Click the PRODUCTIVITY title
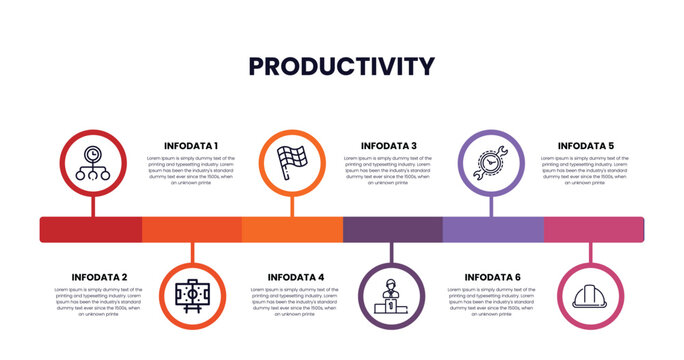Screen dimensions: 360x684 [x=341, y=66]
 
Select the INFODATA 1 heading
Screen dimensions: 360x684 [x=190, y=145]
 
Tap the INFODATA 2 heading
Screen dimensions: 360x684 [x=99, y=277]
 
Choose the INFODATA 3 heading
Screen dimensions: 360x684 [x=389, y=145]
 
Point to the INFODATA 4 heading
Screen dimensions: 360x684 [x=296, y=277]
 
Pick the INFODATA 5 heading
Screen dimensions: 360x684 [x=586, y=145]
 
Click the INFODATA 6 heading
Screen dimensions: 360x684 [x=493, y=277]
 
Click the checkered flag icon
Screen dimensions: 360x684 [x=292, y=163]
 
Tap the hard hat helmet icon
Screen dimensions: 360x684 [x=590, y=297]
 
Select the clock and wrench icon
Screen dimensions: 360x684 [x=491, y=163]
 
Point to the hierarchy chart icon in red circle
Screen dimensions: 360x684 [x=93, y=163]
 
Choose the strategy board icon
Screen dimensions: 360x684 [x=192, y=297]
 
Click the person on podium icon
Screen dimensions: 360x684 [x=391, y=297]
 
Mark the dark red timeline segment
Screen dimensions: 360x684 [x=91, y=229]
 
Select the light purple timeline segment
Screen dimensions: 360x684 [x=493, y=229]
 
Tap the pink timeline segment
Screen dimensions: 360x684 [x=593, y=229]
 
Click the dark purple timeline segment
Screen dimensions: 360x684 [x=392, y=229]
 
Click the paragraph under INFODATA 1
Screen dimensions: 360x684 [x=190, y=170]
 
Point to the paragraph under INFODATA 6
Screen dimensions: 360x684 [x=493, y=301]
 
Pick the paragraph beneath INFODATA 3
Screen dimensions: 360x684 [x=389, y=170]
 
